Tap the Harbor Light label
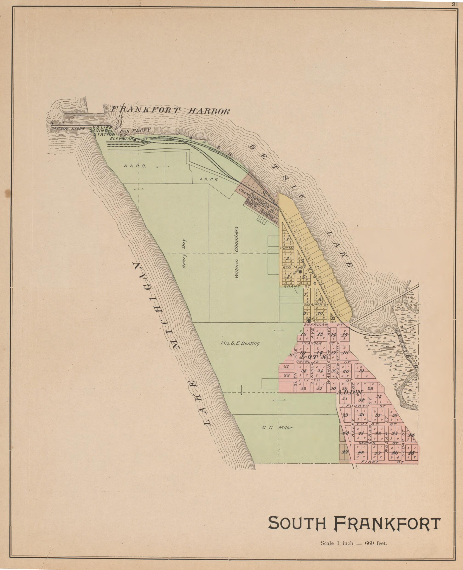pyautogui.click(x=68, y=129)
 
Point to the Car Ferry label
pyautogui.click(x=136, y=131)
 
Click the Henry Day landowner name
pyautogui.click(x=184, y=253)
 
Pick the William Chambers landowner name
pyautogui.click(x=236, y=252)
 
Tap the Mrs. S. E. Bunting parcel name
pyautogui.click(x=240, y=344)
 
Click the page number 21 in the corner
pyautogui.click(x=455, y=4)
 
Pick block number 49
pyautogui.click(x=345, y=452)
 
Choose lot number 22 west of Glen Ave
pyautogui.click(x=287, y=375)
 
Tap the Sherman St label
pyautogui.click(x=316, y=305)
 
